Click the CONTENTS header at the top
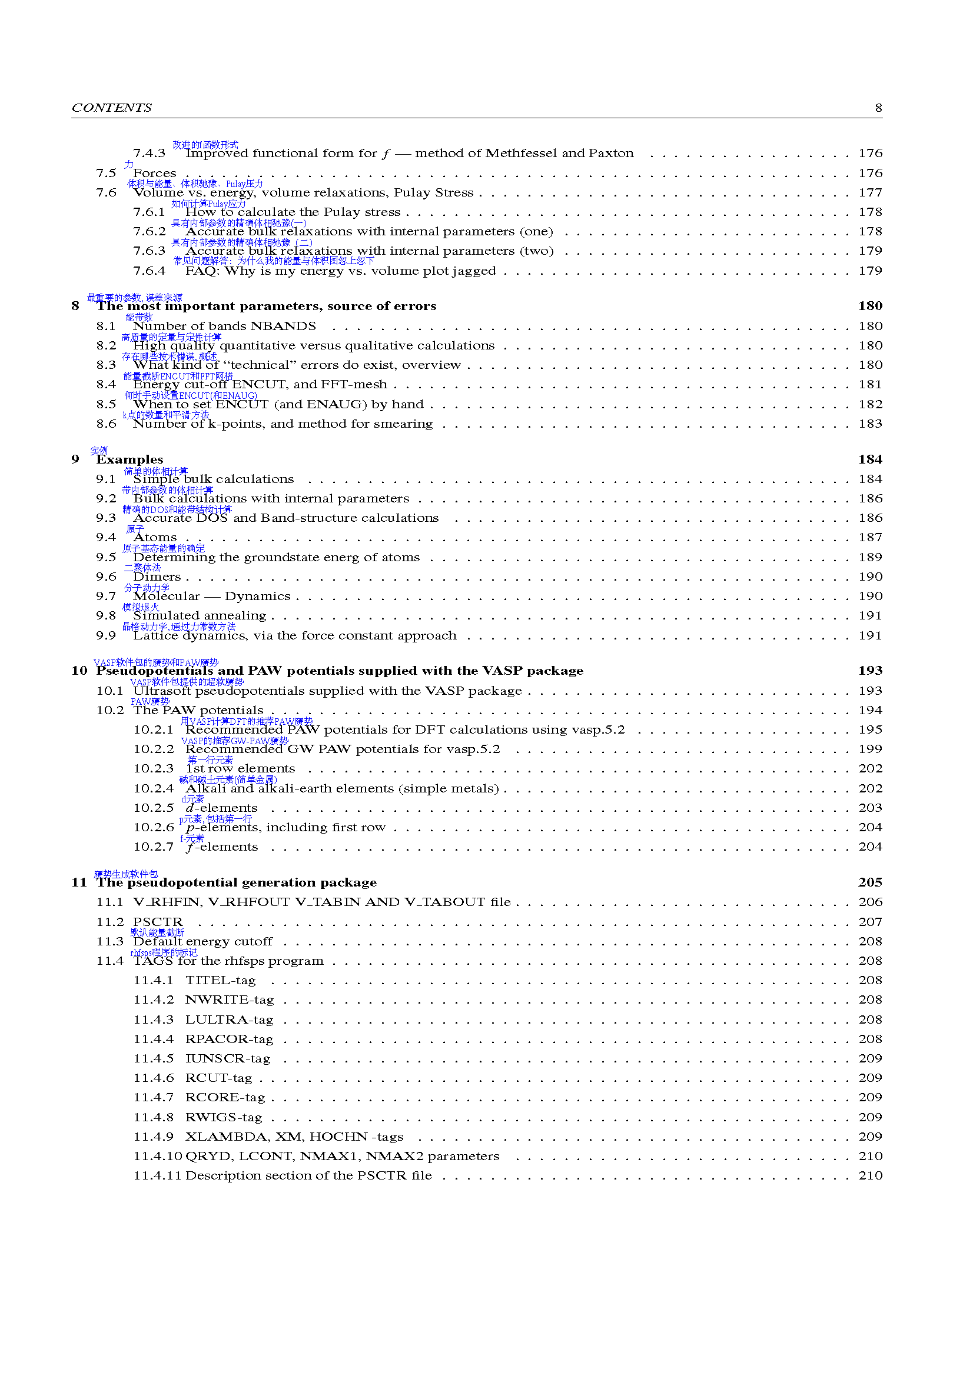tap(111, 108)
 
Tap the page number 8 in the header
tap(878, 108)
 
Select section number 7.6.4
tap(150, 271)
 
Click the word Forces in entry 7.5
tap(155, 173)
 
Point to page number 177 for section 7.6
tap(870, 192)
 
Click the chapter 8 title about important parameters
tap(266, 306)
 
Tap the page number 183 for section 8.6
tap(870, 424)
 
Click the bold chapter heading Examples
tap(129, 459)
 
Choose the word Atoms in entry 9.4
tap(155, 538)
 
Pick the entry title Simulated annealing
tap(200, 615)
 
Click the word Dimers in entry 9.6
tap(157, 577)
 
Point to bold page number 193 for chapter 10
tap(870, 671)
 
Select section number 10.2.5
tap(154, 808)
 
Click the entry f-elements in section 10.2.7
tap(222, 847)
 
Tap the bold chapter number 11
tap(79, 882)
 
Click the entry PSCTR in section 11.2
tap(158, 922)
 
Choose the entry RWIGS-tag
tap(224, 1117)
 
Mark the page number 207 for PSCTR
tap(870, 922)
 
